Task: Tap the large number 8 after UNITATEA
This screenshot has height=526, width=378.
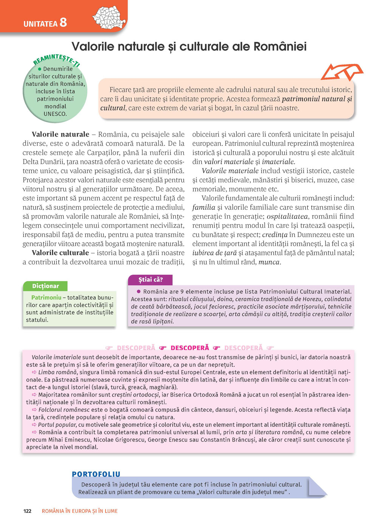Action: coord(63,22)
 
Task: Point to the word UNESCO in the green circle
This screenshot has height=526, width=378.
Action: coord(55,114)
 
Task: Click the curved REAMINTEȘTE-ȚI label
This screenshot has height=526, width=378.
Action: coord(57,60)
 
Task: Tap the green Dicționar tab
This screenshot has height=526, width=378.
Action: coord(45,286)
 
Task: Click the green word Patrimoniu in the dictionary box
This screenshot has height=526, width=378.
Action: coord(46,297)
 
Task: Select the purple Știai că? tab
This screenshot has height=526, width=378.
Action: coord(150,280)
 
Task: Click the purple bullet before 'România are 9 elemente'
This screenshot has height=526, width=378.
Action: coord(138,291)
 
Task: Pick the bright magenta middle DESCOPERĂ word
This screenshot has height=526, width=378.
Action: coord(190,348)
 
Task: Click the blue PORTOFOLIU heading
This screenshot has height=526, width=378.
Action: coord(96,474)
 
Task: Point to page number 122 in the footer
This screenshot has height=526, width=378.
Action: coord(27,511)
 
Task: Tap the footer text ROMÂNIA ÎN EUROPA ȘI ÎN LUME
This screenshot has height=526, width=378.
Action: coord(80,511)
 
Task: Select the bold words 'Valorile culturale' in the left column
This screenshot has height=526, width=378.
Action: coord(60,253)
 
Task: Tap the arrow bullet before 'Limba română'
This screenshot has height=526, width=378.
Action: coord(34,372)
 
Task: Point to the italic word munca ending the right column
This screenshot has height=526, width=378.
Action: coord(269,262)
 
